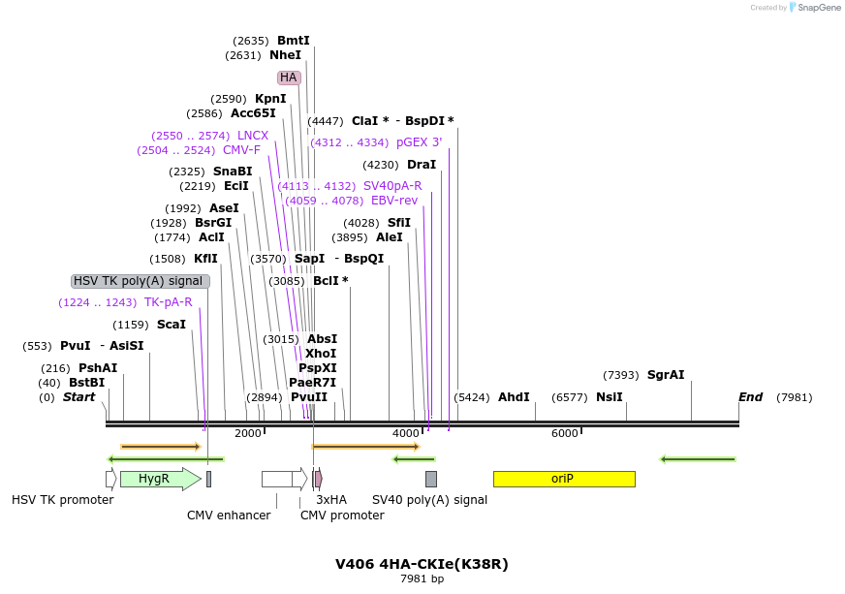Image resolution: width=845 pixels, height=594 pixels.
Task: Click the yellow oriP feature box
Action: pos(563,479)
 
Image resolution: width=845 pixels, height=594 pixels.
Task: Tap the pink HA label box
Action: pos(289,78)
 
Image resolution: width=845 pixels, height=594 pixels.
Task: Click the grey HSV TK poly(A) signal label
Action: pos(140,281)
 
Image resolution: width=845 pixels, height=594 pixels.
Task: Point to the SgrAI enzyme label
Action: pos(666,375)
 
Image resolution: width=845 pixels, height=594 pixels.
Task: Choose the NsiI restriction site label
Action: pos(610,397)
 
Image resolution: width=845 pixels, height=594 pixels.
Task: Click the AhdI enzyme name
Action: pos(514,397)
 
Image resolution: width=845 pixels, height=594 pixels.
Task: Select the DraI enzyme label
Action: pos(422,165)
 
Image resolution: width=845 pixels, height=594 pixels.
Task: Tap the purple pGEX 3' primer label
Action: pos(419,142)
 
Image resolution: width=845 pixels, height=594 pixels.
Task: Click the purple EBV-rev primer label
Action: pos(394,201)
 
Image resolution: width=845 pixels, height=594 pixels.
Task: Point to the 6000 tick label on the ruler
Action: pos(564,433)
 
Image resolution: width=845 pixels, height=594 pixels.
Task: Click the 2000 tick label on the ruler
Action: pos(248,433)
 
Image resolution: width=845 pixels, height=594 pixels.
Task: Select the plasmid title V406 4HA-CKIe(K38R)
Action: pos(422,564)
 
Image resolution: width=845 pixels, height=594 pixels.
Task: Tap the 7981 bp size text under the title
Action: pos(422,579)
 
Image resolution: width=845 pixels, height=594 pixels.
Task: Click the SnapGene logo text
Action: pos(820,8)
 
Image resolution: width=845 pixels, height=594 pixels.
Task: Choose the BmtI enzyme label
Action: pos(294,41)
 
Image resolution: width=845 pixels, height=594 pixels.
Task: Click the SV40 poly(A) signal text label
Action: pos(429,500)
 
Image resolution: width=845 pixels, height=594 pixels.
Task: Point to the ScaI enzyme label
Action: pos(172,325)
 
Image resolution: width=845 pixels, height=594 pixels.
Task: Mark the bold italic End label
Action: pos(750,397)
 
